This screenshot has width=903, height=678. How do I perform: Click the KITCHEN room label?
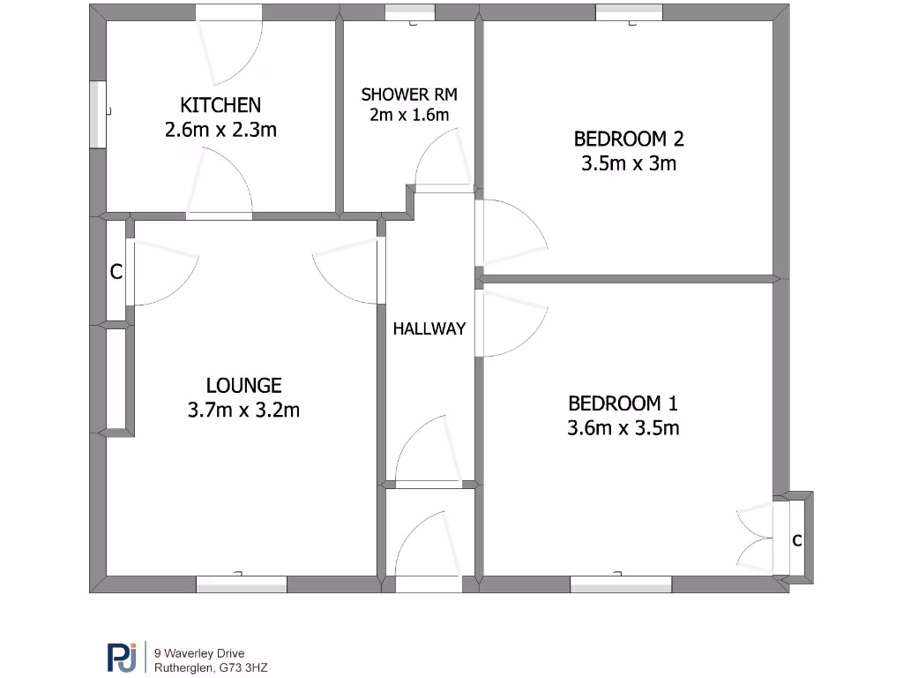(220, 105)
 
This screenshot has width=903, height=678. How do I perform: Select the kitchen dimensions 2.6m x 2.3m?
(220, 130)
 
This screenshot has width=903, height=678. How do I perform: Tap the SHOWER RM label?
(409, 94)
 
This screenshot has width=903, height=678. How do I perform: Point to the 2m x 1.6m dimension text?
(409, 115)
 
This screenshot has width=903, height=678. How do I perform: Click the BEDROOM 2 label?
(629, 139)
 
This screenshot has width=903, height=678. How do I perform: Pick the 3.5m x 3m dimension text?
(629, 163)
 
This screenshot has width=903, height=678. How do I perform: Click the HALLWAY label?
(429, 328)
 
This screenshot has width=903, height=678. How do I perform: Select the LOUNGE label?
(243, 385)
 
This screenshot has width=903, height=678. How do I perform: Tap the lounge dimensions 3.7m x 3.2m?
(243, 410)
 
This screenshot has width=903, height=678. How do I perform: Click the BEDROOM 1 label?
(623, 403)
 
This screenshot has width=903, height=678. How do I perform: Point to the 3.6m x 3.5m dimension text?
(623, 428)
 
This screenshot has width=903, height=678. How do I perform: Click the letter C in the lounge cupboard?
(116, 273)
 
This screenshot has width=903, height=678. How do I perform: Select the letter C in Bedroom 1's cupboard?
(796, 540)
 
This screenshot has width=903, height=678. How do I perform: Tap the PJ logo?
(122, 658)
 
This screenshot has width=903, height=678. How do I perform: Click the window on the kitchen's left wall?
(97, 114)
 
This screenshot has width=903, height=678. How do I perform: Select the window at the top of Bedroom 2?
(629, 11)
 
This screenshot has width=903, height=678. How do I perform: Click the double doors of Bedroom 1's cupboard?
(757, 539)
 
